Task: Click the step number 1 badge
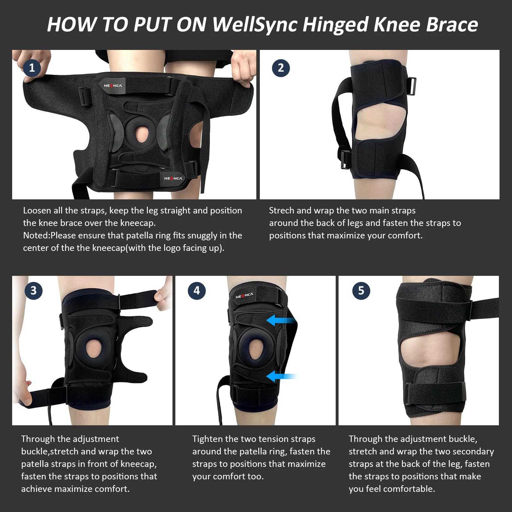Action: click(x=32, y=68)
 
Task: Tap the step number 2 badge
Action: click(x=281, y=68)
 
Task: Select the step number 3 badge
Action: click(x=34, y=291)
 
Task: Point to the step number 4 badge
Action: click(x=196, y=291)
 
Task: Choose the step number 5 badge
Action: click(x=361, y=291)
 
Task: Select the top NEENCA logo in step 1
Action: click(x=113, y=85)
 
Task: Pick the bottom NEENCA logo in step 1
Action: click(x=173, y=178)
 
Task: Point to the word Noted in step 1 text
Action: click(x=36, y=236)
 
